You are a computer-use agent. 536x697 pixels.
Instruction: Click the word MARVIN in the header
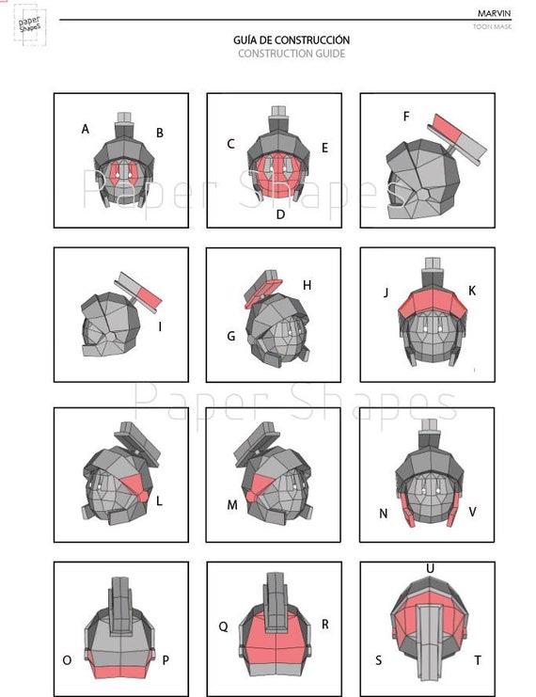495,13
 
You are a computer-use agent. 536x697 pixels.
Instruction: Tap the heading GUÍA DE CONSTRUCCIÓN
292,40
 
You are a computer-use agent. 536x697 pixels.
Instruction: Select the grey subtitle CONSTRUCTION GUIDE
292,54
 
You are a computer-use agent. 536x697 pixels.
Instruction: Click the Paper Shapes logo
30,24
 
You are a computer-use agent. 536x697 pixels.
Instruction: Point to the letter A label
86,129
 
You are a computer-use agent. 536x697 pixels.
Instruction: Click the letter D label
280,214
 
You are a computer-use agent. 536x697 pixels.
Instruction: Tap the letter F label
406,117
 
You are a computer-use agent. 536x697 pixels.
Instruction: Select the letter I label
160,326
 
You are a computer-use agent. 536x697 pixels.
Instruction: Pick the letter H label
307,285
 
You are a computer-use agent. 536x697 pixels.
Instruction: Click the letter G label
231,336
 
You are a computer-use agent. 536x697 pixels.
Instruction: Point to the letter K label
472,291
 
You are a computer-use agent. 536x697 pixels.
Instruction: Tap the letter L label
159,501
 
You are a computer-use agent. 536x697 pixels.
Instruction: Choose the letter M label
232,505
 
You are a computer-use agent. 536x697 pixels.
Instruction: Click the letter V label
472,512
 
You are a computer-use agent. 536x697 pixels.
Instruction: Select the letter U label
430,568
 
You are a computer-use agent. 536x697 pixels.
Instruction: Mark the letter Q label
223,626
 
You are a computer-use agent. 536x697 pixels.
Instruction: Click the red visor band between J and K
432,303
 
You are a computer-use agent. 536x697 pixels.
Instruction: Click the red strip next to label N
407,510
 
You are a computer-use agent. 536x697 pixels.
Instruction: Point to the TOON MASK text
493,26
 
